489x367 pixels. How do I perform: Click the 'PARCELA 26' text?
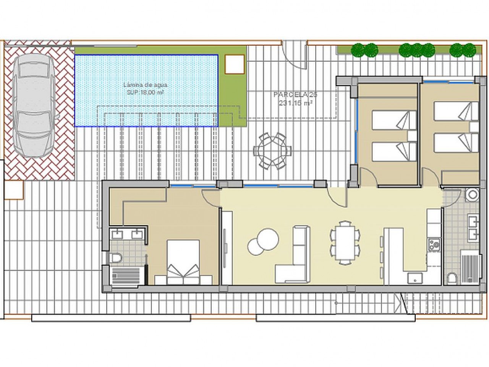point(290,94)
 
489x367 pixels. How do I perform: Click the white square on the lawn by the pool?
point(235,64)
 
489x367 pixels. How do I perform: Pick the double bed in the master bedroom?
point(183,262)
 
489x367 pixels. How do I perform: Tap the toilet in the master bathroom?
point(115,258)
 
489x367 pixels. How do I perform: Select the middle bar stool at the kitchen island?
point(382,257)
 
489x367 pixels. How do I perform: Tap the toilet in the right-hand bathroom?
point(452,278)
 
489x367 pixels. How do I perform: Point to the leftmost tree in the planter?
point(358,50)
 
